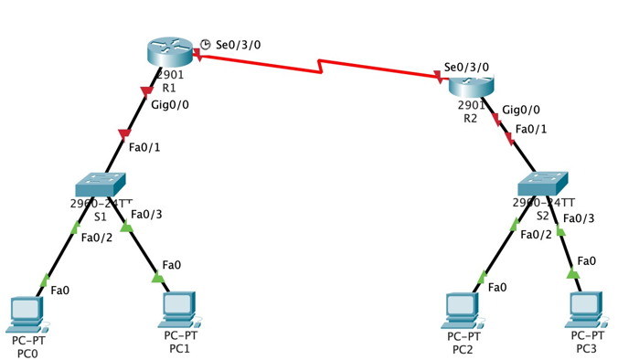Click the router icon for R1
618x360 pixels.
(x=170, y=52)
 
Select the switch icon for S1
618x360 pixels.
(x=100, y=185)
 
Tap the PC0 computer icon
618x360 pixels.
(x=26, y=313)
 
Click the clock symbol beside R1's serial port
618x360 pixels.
(x=206, y=44)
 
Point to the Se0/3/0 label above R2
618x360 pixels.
(x=466, y=67)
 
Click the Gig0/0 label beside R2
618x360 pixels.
(x=521, y=110)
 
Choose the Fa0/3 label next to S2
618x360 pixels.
(x=578, y=217)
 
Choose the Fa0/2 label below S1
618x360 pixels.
(x=97, y=238)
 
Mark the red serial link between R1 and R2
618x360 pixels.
(x=320, y=67)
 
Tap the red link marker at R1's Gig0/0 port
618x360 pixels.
(x=145, y=90)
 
